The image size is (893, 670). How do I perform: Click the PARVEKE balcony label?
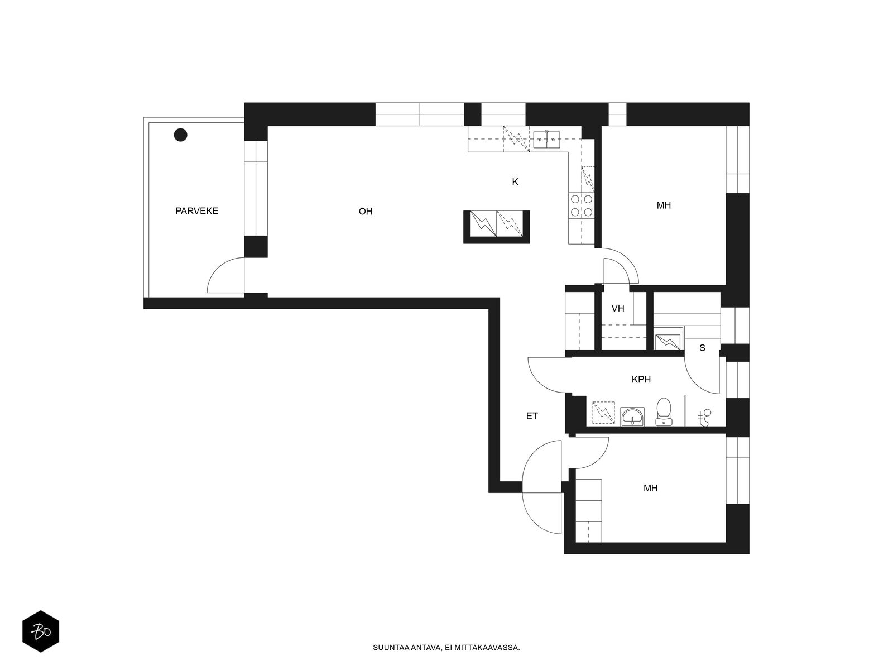tap(196, 210)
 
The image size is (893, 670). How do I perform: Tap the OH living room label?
tap(366, 211)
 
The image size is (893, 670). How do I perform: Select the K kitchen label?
tap(515, 182)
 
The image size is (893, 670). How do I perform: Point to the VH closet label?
tap(618, 308)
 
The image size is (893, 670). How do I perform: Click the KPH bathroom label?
tap(641, 379)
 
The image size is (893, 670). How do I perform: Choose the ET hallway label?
tap(532, 416)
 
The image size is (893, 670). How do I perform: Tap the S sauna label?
tap(702, 348)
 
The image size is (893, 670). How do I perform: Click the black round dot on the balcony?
tap(181, 135)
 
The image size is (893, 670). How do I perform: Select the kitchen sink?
tap(547, 139)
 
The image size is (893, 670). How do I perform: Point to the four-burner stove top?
tap(582, 205)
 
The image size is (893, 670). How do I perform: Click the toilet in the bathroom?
tap(664, 411)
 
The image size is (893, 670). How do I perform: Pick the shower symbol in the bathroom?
tap(705, 418)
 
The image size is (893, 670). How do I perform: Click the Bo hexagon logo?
tap(41, 631)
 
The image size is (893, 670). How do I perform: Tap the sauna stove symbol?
tap(667, 342)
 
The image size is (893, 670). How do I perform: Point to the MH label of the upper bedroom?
tap(664, 205)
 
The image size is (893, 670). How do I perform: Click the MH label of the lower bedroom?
tap(651, 488)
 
